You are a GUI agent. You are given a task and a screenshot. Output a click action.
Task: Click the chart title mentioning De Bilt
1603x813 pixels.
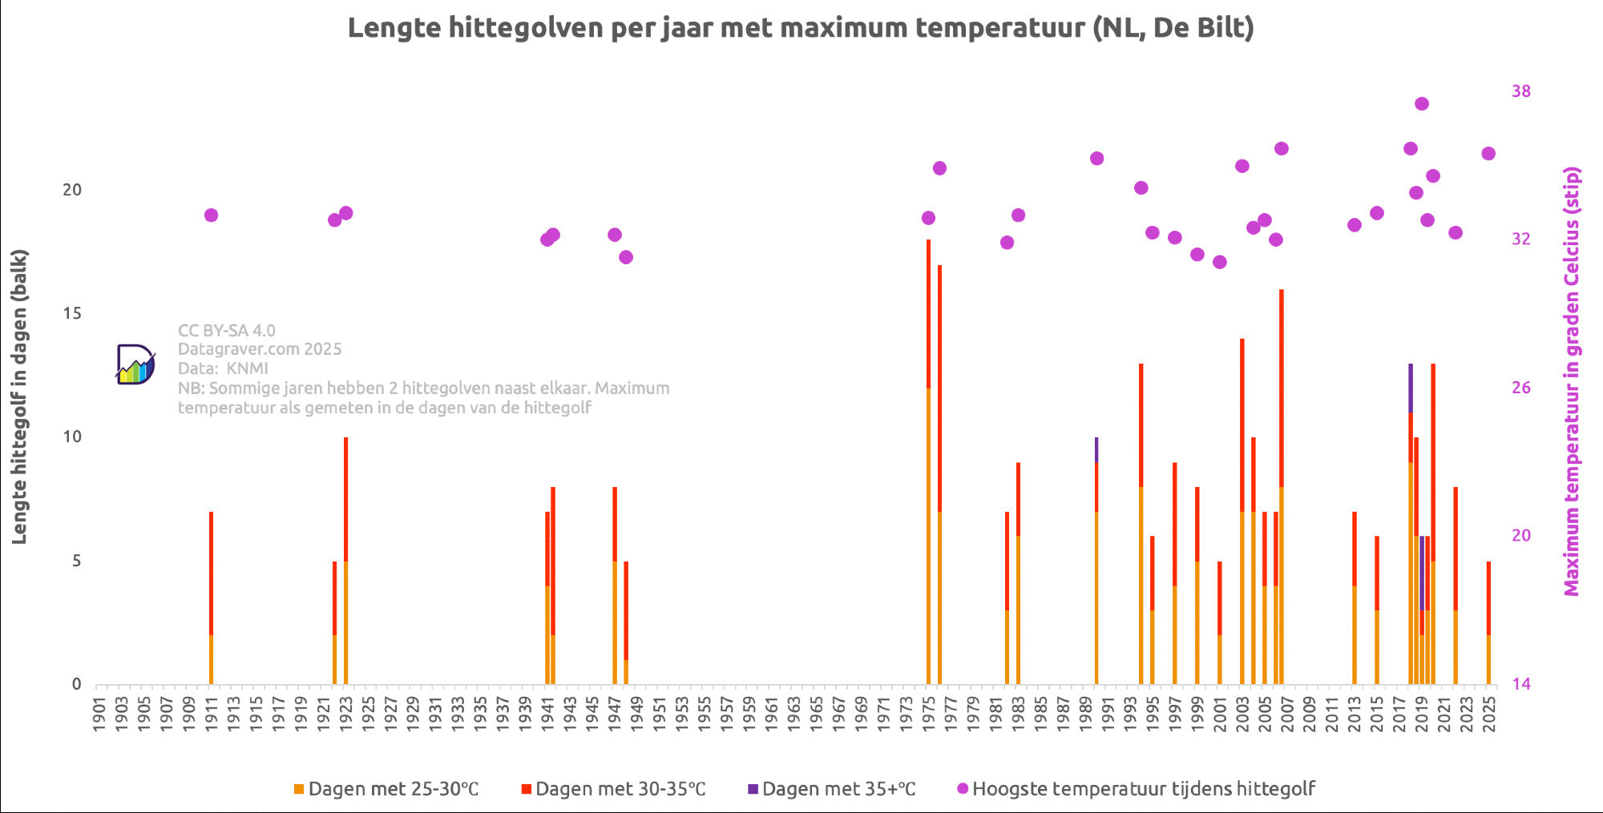pos(800,28)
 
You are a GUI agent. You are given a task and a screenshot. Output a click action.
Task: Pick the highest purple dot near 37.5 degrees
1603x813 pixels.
pos(1422,104)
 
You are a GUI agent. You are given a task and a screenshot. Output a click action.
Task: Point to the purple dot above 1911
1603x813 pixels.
pos(211,215)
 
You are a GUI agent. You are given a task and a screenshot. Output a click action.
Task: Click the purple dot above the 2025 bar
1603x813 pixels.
pos(1488,154)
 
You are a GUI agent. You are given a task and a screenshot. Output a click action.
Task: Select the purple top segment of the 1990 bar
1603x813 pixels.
pos(1096,449)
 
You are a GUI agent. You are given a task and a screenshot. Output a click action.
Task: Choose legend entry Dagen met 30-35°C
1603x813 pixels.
pos(613,789)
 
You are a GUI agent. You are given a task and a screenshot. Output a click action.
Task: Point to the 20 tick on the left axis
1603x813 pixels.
pos(72,190)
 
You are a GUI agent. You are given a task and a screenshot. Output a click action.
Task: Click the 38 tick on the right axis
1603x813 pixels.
pos(1520,91)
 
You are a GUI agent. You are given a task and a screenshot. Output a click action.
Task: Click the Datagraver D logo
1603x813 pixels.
pos(135,364)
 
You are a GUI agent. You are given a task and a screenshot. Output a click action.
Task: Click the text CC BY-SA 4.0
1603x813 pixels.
pos(226,330)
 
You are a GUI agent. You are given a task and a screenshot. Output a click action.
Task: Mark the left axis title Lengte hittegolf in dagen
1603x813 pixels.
pos(19,396)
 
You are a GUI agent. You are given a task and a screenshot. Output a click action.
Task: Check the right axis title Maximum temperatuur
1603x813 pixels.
pos(1572,380)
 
